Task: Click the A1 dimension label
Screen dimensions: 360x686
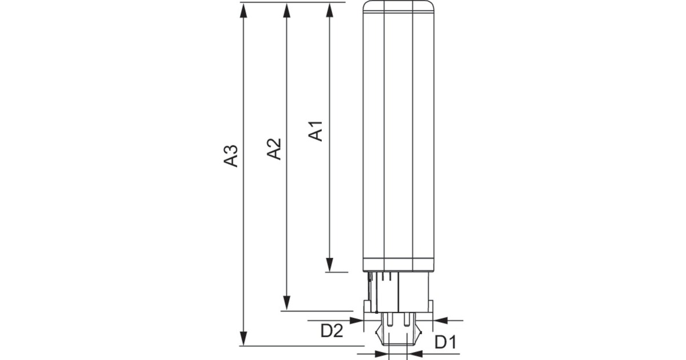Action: (316, 130)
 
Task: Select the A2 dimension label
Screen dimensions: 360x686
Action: (274, 149)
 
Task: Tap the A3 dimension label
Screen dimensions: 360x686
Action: (230, 156)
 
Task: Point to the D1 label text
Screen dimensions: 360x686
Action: (445, 343)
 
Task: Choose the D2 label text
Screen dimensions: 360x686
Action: (332, 330)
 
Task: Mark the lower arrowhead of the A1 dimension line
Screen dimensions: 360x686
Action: (330, 265)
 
